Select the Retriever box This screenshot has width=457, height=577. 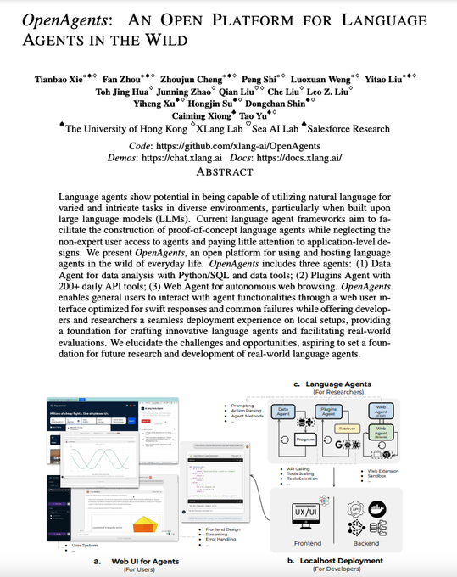(345, 430)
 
